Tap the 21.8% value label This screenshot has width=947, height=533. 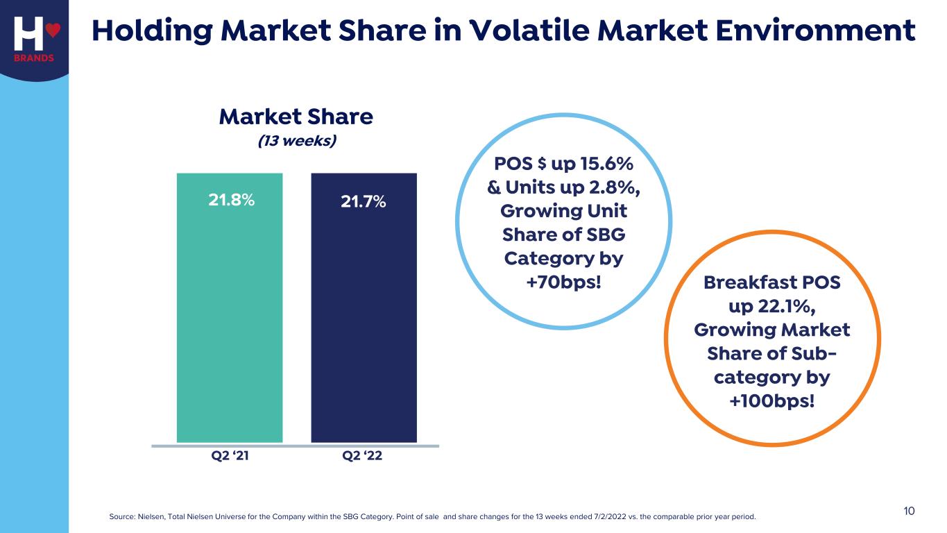[232, 200]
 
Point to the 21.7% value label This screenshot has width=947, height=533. [364, 202]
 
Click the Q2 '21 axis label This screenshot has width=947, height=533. [230, 457]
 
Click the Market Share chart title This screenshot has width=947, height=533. [296, 117]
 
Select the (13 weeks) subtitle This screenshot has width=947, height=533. [297, 141]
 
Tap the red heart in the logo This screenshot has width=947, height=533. [54, 30]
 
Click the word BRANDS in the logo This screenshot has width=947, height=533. [34, 58]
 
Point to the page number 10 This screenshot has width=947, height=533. [909, 511]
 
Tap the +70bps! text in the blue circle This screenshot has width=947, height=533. [563, 282]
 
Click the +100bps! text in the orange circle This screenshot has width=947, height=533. [772, 402]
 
